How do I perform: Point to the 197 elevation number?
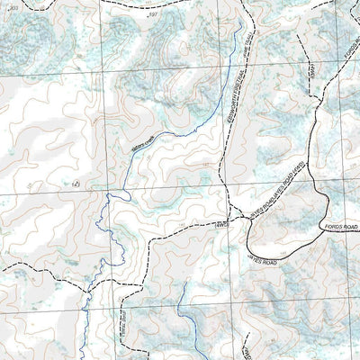pos(153,14)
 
